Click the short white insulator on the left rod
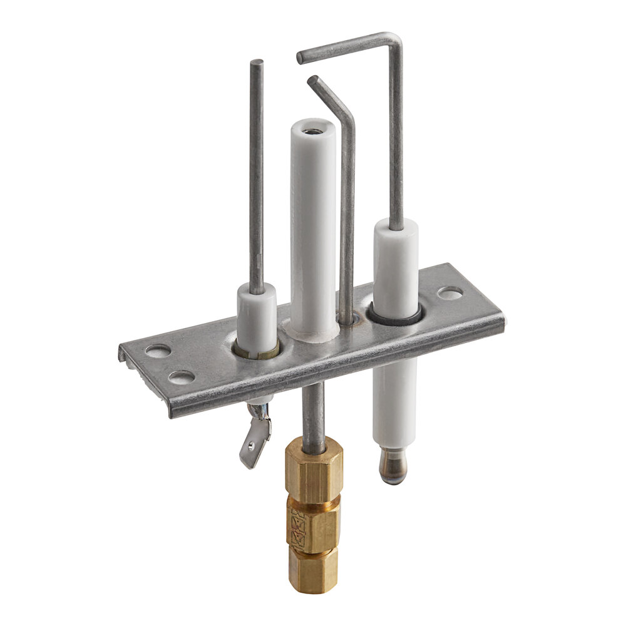[x=256, y=318]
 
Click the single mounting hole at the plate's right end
[x=450, y=292]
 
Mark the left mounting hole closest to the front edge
[x=182, y=377]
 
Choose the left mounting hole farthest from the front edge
[x=158, y=351]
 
